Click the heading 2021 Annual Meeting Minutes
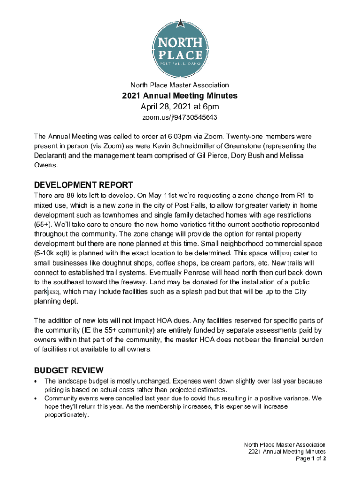click(x=180, y=96)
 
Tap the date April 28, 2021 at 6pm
click(x=180, y=107)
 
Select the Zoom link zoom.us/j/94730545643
click(x=180, y=117)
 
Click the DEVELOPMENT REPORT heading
click(x=83, y=185)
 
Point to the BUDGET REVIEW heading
click(x=69, y=370)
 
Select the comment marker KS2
click(x=54, y=292)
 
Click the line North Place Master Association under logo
click(x=180, y=85)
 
